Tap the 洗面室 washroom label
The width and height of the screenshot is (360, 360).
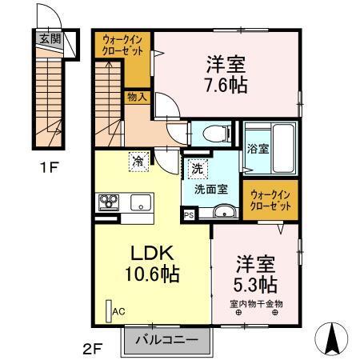pyautogui.click(x=209, y=190)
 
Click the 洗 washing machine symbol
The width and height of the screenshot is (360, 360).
pyautogui.click(x=198, y=170)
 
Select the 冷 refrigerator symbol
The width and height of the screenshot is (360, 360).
pyautogui.click(x=138, y=162)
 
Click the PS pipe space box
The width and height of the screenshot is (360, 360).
pyautogui.click(x=189, y=214)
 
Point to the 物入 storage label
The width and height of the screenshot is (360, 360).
pyautogui.click(x=136, y=97)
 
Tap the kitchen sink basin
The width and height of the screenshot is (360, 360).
pyautogui.click(x=141, y=202)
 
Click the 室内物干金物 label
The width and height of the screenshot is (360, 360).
pyautogui.click(x=256, y=302)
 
